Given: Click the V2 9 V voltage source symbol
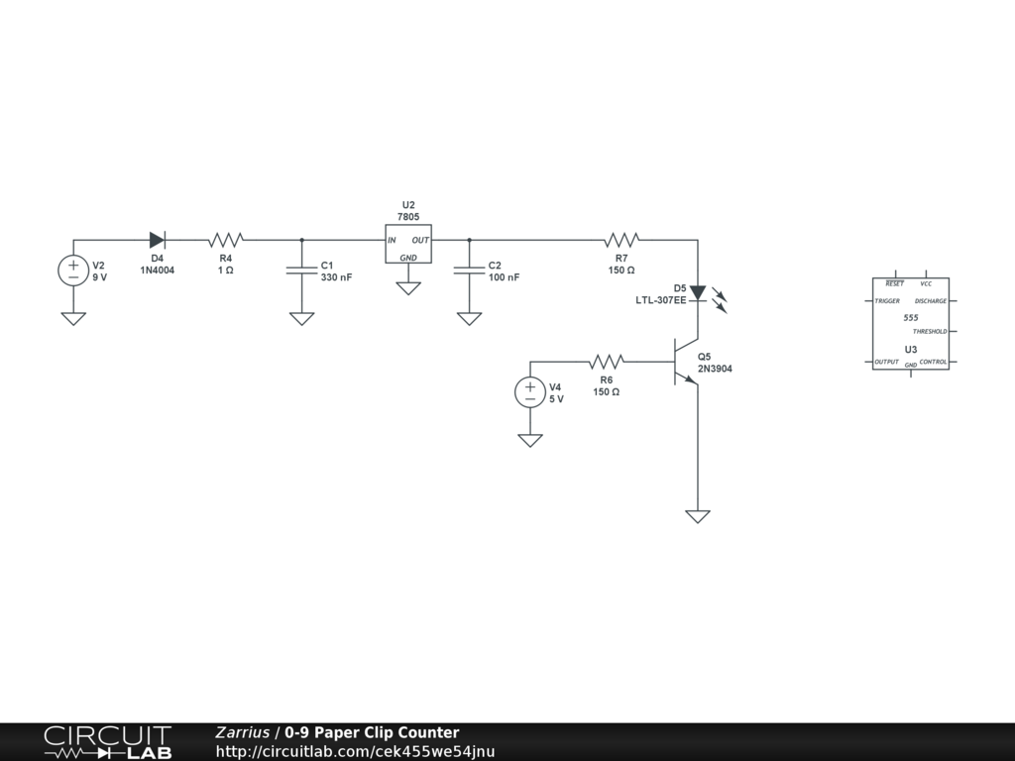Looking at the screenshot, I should click(x=73, y=271).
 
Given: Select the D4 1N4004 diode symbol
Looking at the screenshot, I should click(x=158, y=240).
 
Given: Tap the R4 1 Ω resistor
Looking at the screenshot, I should click(x=226, y=240).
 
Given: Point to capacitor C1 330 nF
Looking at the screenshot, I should click(x=301, y=271).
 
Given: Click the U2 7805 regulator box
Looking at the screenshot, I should click(x=408, y=244).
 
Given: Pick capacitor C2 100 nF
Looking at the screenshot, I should click(x=469, y=271).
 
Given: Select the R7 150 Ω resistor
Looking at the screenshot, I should click(x=622, y=240).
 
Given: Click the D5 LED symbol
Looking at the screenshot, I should click(x=698, y=292).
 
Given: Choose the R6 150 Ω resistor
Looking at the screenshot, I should click(x=606, y=362).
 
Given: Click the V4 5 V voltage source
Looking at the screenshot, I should click(x=530, y=392).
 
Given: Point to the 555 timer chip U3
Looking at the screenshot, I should click(x=910, y=324).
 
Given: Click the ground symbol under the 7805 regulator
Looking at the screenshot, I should click(x=408, y=288).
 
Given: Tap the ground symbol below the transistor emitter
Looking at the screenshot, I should click(x=698, y=516).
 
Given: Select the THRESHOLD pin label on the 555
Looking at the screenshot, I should click(x=930, y=331).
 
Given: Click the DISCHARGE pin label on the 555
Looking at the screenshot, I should click(x=930, y=300).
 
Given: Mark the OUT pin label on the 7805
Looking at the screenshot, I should click(x=420, y=240).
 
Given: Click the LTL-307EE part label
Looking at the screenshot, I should click(x=660, y=300).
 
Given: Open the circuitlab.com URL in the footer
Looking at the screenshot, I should click(x=355, y=751).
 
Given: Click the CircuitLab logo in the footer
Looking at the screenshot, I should click(x=107, y=742).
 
